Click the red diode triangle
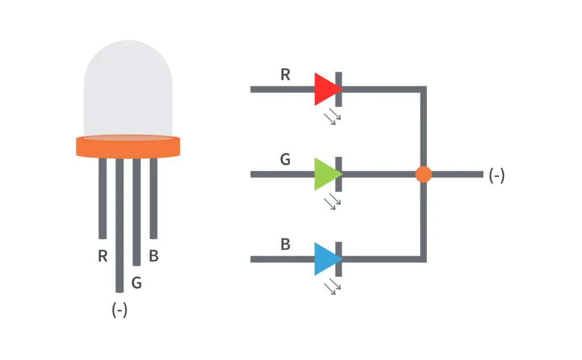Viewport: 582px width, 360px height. (x=326, y=89)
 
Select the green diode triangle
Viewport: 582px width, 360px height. (x=326, y=174)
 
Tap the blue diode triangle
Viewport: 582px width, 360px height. (x=326, y=259)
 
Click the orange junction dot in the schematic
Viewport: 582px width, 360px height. (x=423, y=174)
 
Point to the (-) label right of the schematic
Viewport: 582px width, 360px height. (x=496, y=176)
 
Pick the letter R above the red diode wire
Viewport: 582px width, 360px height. (x=285, y=75)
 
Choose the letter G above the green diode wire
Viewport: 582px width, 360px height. (x=285, y=160)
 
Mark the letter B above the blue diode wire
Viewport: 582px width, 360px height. (x=285, y=245)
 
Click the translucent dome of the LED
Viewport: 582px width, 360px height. (x=128, y=91)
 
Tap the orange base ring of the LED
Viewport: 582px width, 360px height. (x=128, y=147)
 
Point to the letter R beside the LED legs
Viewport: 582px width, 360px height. (x=102, y=256)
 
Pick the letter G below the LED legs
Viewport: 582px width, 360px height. (x=136, y=282)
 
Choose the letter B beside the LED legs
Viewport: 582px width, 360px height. (x=153, y=256)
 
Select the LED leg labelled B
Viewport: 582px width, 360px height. (x=153, y=199)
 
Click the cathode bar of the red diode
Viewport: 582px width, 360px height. (x=339, y=89)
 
